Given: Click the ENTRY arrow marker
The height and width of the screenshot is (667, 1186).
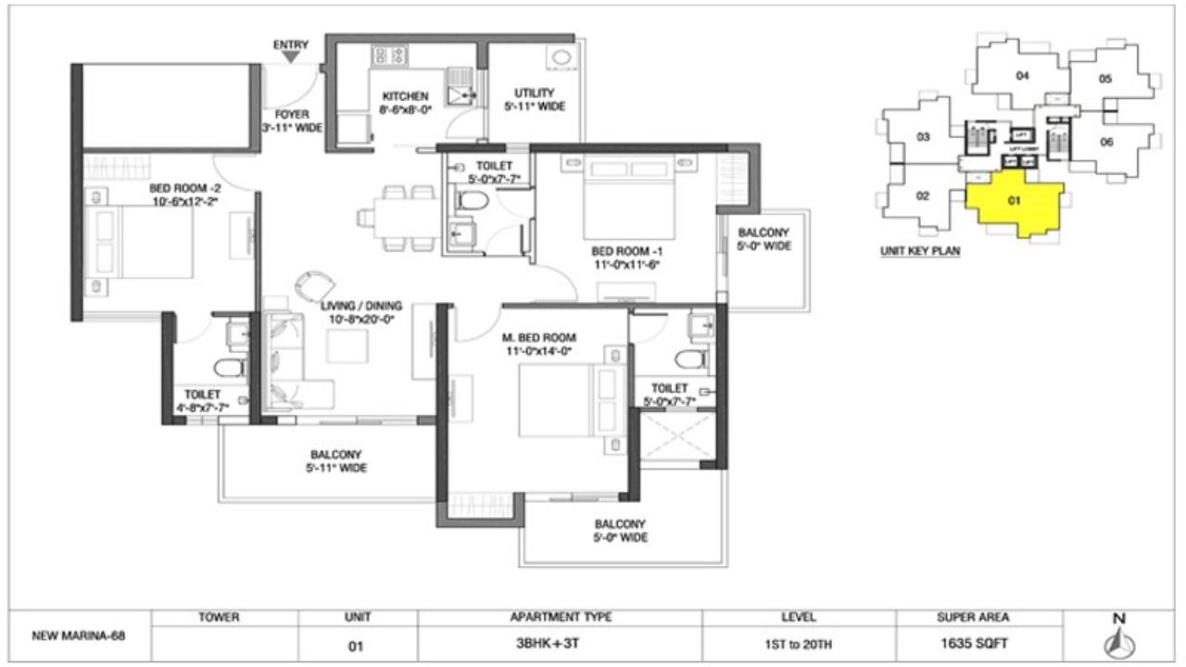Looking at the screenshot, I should [290, 57].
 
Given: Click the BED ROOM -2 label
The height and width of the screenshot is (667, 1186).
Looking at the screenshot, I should [185, 192].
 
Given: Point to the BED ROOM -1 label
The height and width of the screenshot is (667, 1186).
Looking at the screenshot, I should [626, 257].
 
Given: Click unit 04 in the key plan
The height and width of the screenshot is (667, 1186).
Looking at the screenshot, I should [1022, 77].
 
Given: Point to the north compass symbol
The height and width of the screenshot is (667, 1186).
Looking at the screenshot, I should [1118, 639].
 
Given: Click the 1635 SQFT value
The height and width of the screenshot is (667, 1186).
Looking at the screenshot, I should [980, 647].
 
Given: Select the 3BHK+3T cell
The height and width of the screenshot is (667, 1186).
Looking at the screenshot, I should [560, 647].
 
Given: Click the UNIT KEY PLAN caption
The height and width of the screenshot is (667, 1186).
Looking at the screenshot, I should [919, 251].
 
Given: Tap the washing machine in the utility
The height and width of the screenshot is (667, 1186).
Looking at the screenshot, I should [561, 57].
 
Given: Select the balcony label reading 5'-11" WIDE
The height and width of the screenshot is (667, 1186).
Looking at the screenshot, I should [336, 461].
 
